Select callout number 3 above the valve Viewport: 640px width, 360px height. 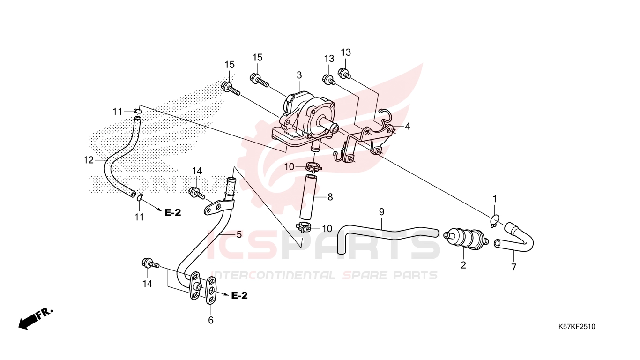click(x=299, y=75)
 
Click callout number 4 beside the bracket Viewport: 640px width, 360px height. click(x=408, y=126)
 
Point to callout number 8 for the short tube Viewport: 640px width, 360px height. click(x=330, y=197)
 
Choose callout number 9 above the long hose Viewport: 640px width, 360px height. click(x=382, y=212)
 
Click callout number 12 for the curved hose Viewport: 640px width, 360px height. click(x=89, y=160)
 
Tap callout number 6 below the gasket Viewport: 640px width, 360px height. click(x=210, y=320)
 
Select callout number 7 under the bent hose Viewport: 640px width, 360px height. click(x=513, y=267)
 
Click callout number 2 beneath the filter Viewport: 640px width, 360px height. click(x=463, y=265)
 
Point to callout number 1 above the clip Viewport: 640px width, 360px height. click(x=495, y=199)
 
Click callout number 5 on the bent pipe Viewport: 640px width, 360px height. click(x=239, y=235)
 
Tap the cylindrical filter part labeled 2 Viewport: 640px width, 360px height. click(x=466, y=237)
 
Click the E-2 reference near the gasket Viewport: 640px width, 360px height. click(x=239, y=296)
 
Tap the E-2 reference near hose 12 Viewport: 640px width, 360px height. click(x=172, y=212)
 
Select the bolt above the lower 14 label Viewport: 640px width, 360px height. click(x=150, y=263)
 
